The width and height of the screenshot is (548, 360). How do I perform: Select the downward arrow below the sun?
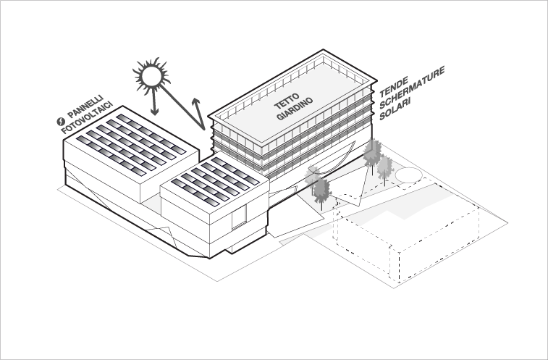click(154, 105)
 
